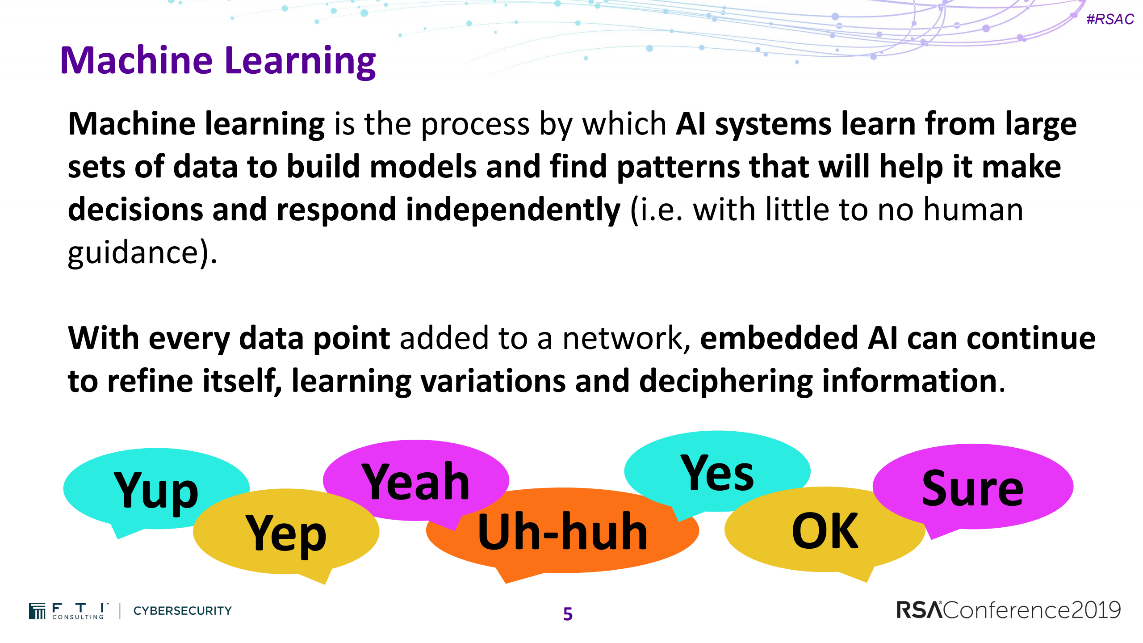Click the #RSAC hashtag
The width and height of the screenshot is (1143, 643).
pos(1110,19)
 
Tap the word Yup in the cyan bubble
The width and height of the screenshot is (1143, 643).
pos(156,492)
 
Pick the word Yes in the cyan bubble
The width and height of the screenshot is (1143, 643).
pos(717,473)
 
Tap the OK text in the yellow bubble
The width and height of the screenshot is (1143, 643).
pos(825,530)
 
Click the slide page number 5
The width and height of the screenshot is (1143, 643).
pos(568,614)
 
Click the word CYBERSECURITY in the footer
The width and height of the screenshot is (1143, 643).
pos(183,610)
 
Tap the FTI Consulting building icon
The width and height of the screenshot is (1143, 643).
pos(37,611)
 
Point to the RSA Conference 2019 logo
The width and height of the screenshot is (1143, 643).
pos(1009,610)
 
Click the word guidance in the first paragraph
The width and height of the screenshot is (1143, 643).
pos(133,253)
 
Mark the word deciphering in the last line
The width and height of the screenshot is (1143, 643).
pos(726,381)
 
